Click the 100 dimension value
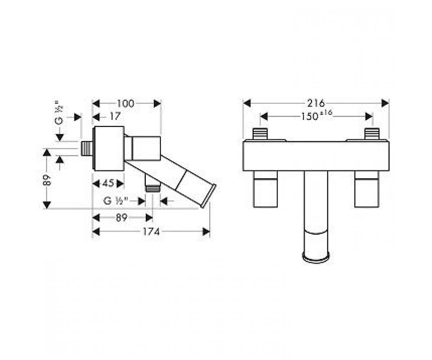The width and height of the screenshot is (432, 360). [126, 104]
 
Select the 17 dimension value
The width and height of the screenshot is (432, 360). [115, 117]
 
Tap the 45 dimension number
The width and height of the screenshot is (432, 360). [108, 183]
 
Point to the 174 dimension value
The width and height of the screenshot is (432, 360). [151, 232]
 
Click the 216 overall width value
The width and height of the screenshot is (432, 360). [316, 103]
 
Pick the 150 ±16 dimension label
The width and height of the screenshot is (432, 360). [316, 116]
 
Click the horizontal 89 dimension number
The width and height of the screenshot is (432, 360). [121, 218]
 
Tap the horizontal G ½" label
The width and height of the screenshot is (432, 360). [116, 201]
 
